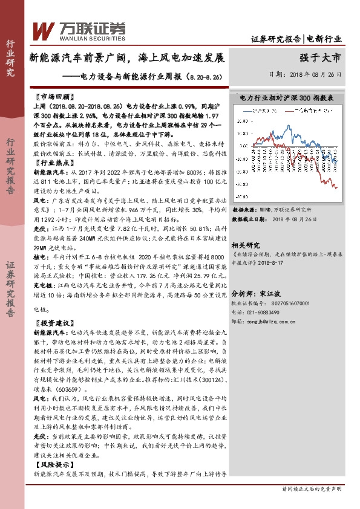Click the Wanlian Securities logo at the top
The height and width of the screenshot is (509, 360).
coord(78,30)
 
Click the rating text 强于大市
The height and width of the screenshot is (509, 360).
coord(320,58)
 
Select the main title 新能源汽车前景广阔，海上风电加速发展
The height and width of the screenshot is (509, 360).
coord(127,59)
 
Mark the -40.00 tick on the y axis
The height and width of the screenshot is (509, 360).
coord(240,196)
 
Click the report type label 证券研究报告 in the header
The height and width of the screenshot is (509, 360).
coord(276,39)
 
